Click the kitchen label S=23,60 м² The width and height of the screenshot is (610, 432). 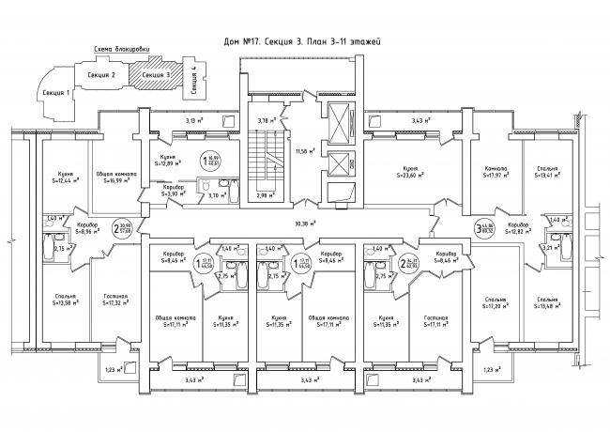404,171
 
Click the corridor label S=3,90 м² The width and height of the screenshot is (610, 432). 173,191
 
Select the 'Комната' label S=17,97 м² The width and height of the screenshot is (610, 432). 496,171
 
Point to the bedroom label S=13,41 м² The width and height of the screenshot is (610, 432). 547,171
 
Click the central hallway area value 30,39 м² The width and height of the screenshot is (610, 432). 302,224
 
